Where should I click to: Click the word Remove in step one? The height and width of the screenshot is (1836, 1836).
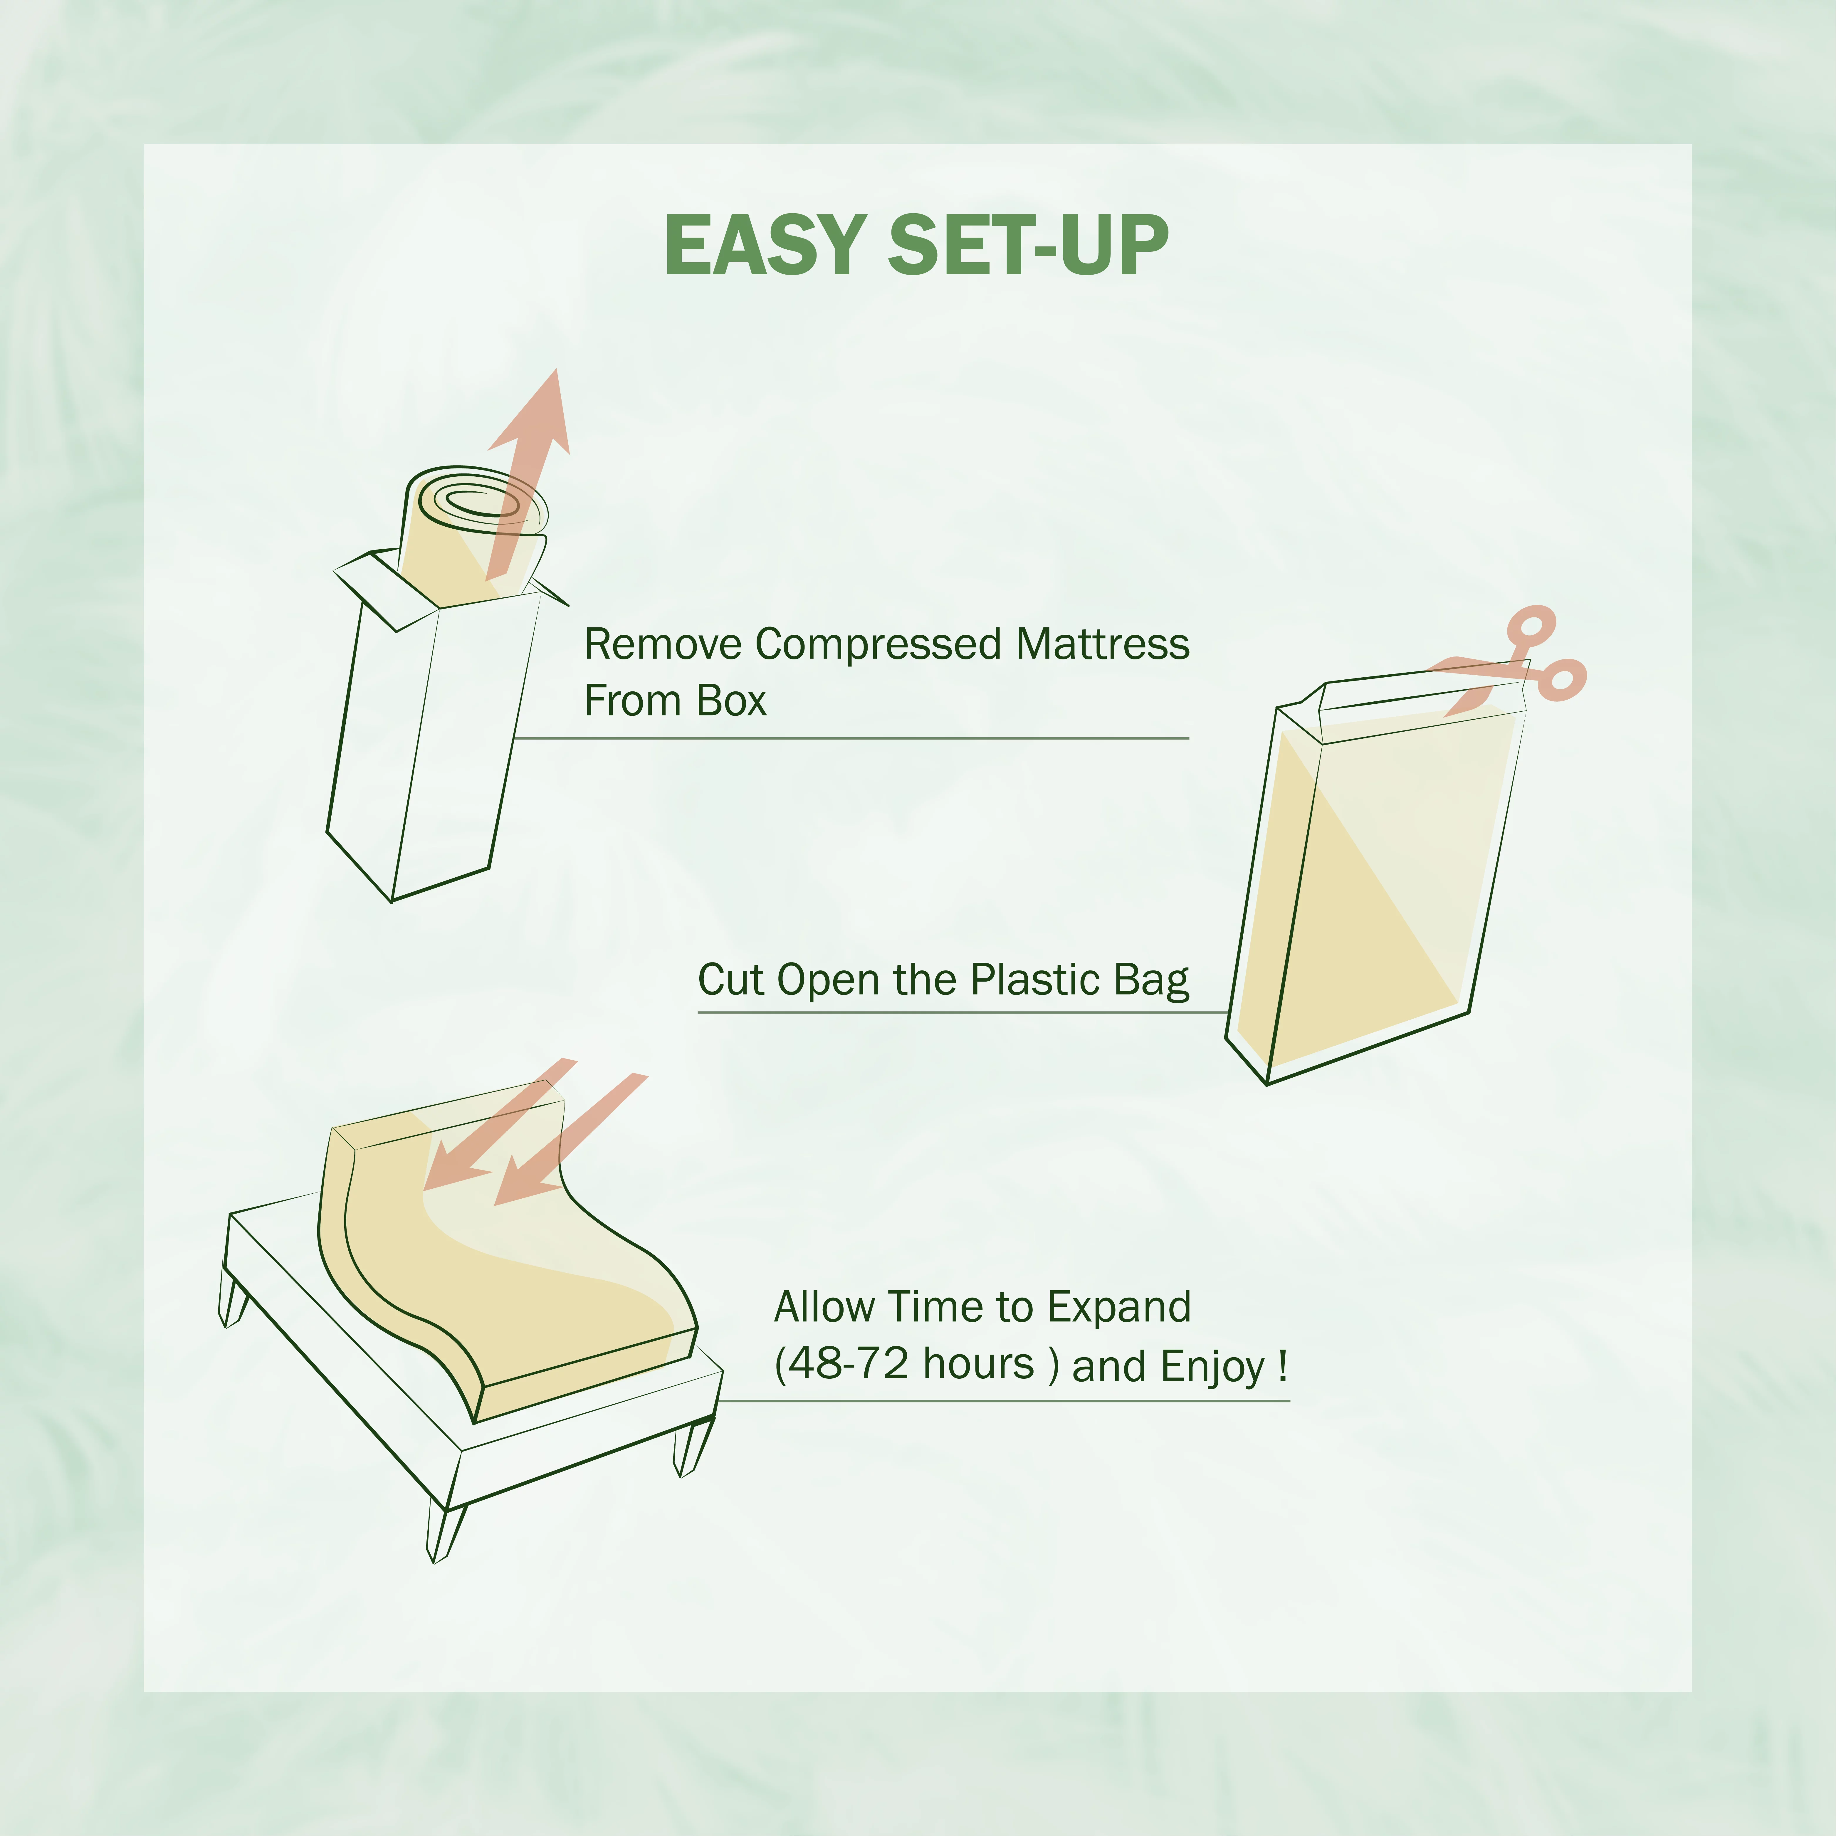(x=662, y=644)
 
